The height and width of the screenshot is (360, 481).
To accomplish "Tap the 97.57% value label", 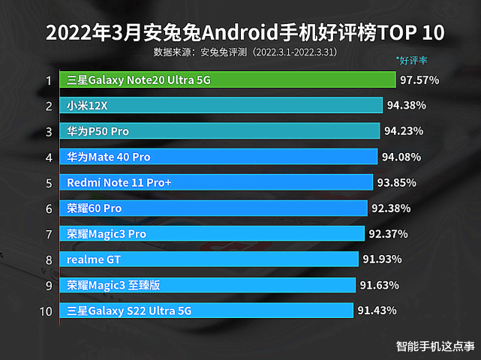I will (x=419, y=79).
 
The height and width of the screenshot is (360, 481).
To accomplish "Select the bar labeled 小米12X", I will (x=221, y=106).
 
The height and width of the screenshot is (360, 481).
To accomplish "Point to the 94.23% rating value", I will (x=404, y=131).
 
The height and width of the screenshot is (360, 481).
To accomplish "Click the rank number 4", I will (x=48, y=157).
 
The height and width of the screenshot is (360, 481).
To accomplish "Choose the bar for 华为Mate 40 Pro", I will (x=218, y=157).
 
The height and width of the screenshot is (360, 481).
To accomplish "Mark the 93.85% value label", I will (x=396, y=182).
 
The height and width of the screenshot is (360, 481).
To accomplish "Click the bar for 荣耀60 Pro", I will (x=213, y=208).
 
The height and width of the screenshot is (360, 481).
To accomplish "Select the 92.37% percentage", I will (x=388, y=234).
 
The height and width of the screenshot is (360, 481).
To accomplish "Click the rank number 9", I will (x=48, y=285).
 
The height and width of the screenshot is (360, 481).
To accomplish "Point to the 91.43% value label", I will (x=377, y=310).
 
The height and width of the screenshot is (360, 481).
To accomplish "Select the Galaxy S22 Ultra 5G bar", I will (x=206, y=310).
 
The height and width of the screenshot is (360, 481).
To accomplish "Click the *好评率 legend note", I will (x=416, y=59).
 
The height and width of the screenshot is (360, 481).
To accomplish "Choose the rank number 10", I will (x=47, y=310).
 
